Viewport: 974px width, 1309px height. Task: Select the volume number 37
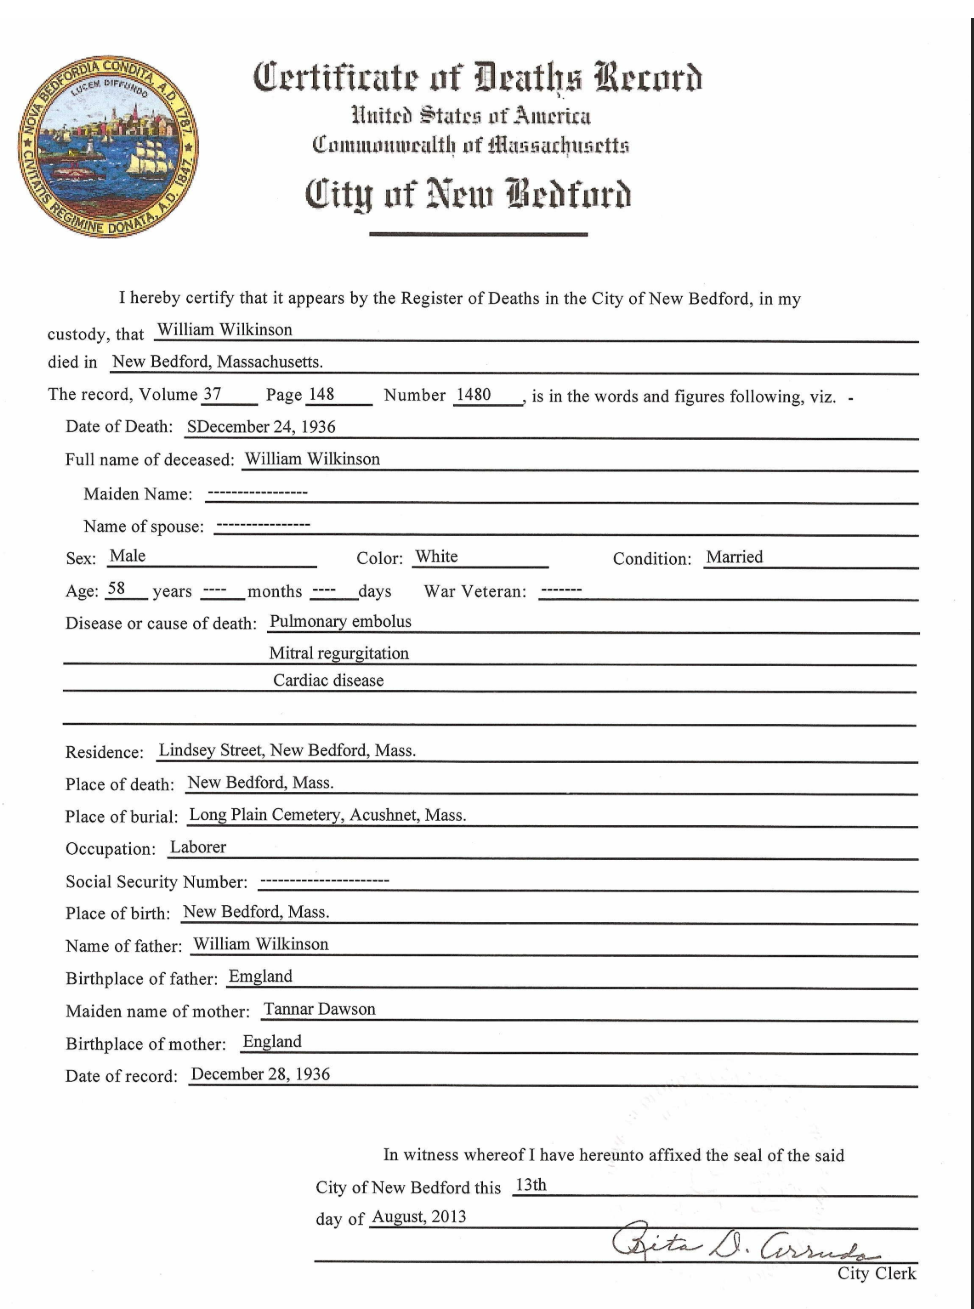coord(211,394)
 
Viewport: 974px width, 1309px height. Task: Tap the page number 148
coord(320,394)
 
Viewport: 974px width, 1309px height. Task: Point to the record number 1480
coord(473,394)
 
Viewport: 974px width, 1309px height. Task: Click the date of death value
coord(261,427)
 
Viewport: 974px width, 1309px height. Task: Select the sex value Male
coord(127,557)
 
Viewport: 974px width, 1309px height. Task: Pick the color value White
coord(436,557)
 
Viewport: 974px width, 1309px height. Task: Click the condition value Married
coord(734,557)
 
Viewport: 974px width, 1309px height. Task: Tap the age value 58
coord(116,589)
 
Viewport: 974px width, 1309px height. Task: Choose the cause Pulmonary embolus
coord(340,621)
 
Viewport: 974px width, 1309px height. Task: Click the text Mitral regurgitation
coord(339,653)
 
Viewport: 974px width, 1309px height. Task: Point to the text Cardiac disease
coord(328,680)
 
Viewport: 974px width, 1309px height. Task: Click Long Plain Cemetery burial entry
coord(327,814)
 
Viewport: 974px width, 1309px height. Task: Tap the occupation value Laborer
coord(198,847)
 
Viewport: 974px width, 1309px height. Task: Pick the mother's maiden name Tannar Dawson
coord(319,1009)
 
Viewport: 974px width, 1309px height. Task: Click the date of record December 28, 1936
coord(260,1074)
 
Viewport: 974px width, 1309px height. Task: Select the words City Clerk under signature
coord(875,1273)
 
